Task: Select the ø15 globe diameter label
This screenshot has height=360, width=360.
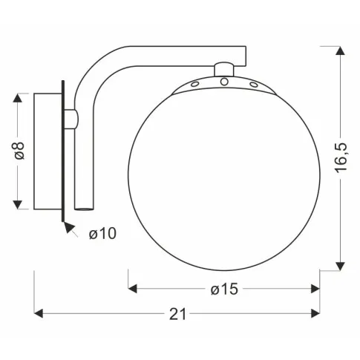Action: point(224,289)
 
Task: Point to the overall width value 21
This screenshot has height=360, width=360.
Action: point(177,314)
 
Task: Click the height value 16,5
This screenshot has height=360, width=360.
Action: point(341,158)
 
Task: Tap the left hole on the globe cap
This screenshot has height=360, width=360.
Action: point(194,87)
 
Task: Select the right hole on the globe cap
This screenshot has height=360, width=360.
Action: point(254,87)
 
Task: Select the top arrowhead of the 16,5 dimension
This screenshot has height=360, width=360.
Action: point(341,50)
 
